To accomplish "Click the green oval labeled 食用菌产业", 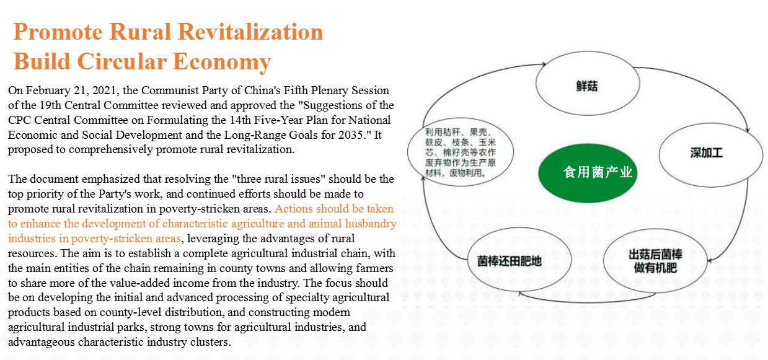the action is [588, 173].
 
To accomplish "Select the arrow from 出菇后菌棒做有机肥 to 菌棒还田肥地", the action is [587, 302].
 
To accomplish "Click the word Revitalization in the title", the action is [250, 32].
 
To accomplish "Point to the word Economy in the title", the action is [222, 63].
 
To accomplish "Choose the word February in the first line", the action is [48, 90].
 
